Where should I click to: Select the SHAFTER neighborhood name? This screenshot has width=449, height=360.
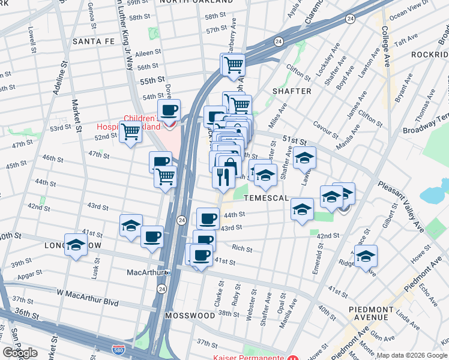click(x=292, y=91)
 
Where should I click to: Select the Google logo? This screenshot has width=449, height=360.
click(x=20, y=352)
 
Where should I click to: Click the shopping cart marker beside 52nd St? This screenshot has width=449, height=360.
click(x=130, y=131)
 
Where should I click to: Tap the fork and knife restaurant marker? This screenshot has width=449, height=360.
click(x=221, y=176)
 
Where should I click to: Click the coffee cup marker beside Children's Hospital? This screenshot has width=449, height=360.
click(x=170, y=110)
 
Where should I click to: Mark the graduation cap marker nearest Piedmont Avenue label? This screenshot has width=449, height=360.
click(x=366, y=256)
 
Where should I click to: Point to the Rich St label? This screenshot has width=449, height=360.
click(x=242, y=249)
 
